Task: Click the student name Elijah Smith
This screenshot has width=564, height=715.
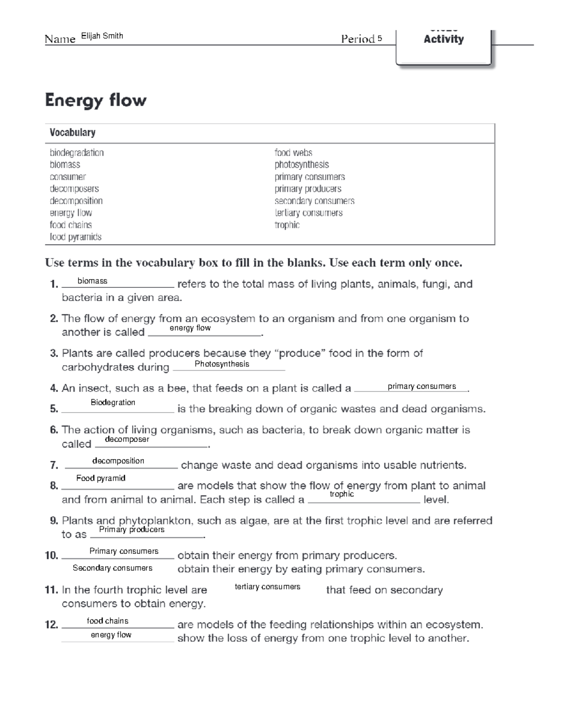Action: pyautogui.click(x=102, y=36)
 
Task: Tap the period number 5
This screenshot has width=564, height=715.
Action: pyautogui.click(x=379, y=39)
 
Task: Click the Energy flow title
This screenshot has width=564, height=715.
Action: pyautogui.click(x=96, y=100)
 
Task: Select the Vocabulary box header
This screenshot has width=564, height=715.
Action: pyautogui.click(x=73, y=133)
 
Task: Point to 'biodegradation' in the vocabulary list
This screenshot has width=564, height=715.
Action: pyautogui.click(x=77, y=152)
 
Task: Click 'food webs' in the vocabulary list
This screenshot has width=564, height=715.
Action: pyautogui.click(x=293, y=152)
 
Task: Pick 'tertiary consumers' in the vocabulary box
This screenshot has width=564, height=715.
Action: pyautogui.click(x=308, y=213)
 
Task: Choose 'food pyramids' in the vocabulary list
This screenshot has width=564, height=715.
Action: pyautogui.click(x=76, y=237)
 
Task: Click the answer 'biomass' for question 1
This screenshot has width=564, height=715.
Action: pyautogui.click(x=92, y=281)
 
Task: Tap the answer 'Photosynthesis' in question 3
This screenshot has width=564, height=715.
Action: pyautogui.click(x=222, y=364)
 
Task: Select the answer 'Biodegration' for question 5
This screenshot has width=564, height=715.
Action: pyautogui.click(x=113, y=403)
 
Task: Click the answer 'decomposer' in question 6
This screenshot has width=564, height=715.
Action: pyautogui.click(x=127, y=439)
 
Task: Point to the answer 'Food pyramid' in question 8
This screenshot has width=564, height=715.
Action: pyautogui.click(x=101, y=478)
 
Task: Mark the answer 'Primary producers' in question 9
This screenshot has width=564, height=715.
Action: pyautogui.click(x=132, y=530)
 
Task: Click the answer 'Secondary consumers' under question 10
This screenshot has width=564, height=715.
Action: pyautogui.click(x=112, y=568)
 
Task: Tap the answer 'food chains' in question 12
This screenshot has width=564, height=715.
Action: pyautogui.click(x=108, y=621)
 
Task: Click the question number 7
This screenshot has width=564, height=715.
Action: pyautogui.click(x=54, y=466)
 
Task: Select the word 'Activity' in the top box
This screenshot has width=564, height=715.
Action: pyautogui.click(x=443, y=40)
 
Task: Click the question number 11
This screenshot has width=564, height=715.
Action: pyautogui.click(x=51, y=590)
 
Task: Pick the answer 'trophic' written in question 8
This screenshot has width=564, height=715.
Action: pyautogui.click(x=342, y=494)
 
